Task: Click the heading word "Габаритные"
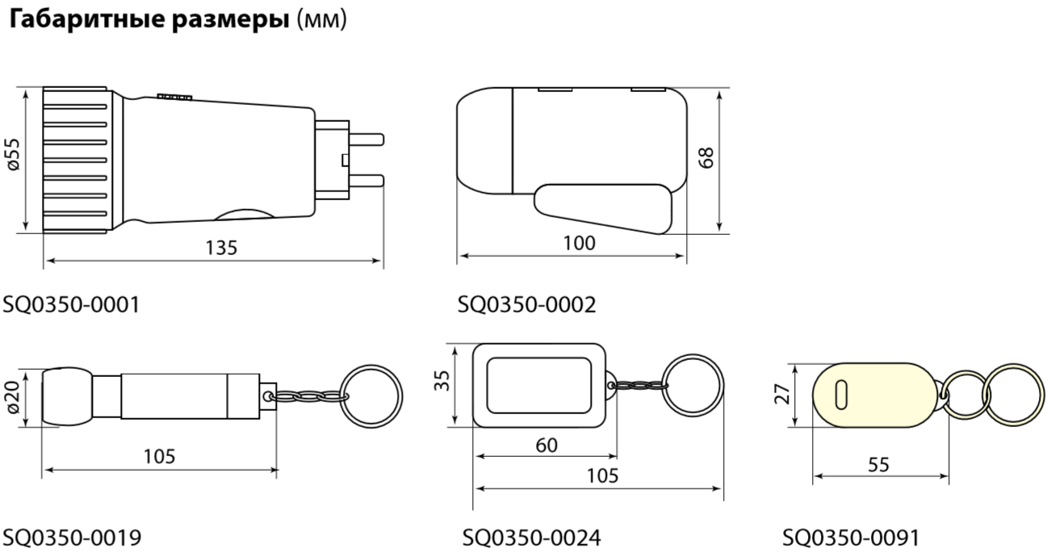tap(87, 20)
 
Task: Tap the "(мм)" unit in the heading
tap(322, 19)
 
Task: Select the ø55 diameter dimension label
tap(14, 154)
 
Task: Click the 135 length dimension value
tap(221, 248)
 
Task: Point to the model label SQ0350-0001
tap(71, 304)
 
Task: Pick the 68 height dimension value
tap(706, 157)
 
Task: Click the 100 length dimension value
tap(579, 243)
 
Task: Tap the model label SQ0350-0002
tap(527, 304)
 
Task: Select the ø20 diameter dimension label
tap(13, 397)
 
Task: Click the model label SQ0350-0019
tap(72, 538)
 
